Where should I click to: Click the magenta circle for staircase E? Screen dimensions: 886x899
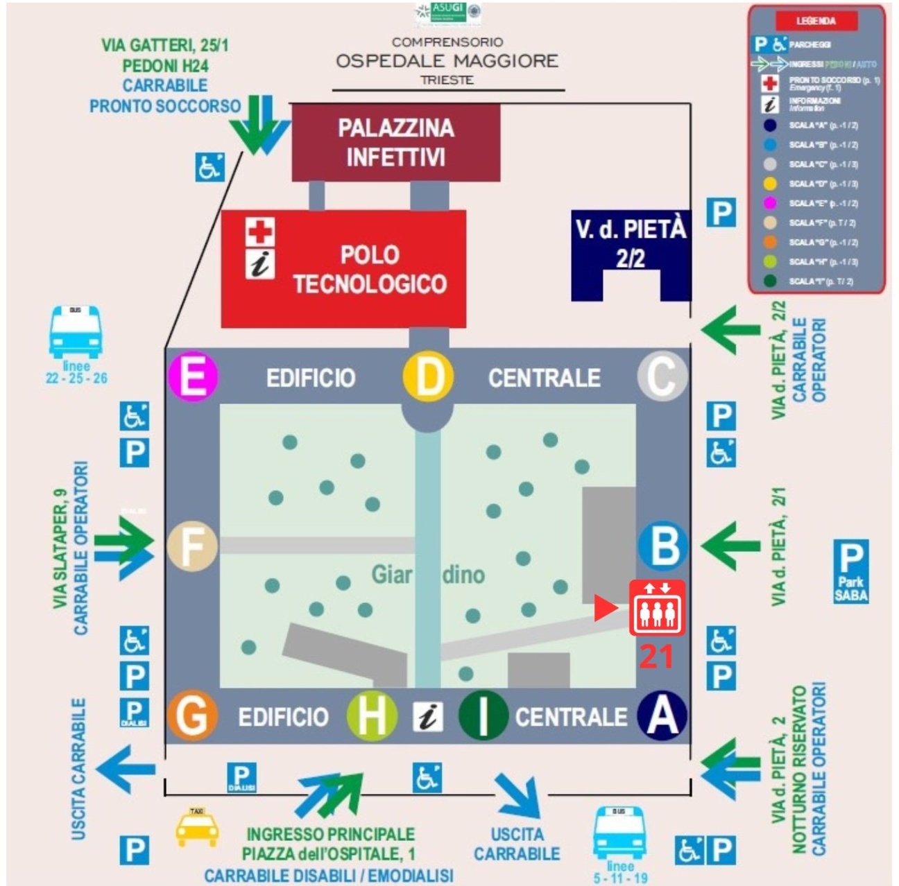tap(194, 377)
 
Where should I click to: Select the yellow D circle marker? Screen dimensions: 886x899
tap(428, 377)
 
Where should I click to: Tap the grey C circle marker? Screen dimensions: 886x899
tap(662, 377)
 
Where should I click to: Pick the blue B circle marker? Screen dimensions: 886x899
tap(662, 546)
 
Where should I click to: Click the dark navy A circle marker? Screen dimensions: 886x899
tap(662, 715)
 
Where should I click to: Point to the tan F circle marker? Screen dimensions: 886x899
tap(192, 546)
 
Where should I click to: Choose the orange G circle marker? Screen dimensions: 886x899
tap(192, 715)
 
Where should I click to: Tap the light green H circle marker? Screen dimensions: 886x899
tap(372, 715)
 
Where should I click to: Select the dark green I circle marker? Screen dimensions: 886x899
tap(483, 715)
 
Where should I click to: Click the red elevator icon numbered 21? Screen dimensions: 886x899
tap(656, 608)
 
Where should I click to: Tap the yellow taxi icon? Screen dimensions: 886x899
tap(197, 826)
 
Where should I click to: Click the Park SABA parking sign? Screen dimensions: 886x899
tap(850, 571)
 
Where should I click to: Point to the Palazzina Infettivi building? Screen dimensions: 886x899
tap(395, 143)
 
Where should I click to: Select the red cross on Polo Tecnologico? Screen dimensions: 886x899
tap(260, 232)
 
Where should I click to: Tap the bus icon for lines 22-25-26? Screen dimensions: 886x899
tap(76, 333)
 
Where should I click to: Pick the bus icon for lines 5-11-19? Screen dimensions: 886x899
tap(619, 832)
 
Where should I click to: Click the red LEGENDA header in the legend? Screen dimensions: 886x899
tap(816, 21)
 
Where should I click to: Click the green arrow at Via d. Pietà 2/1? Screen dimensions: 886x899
tap(730, 546)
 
